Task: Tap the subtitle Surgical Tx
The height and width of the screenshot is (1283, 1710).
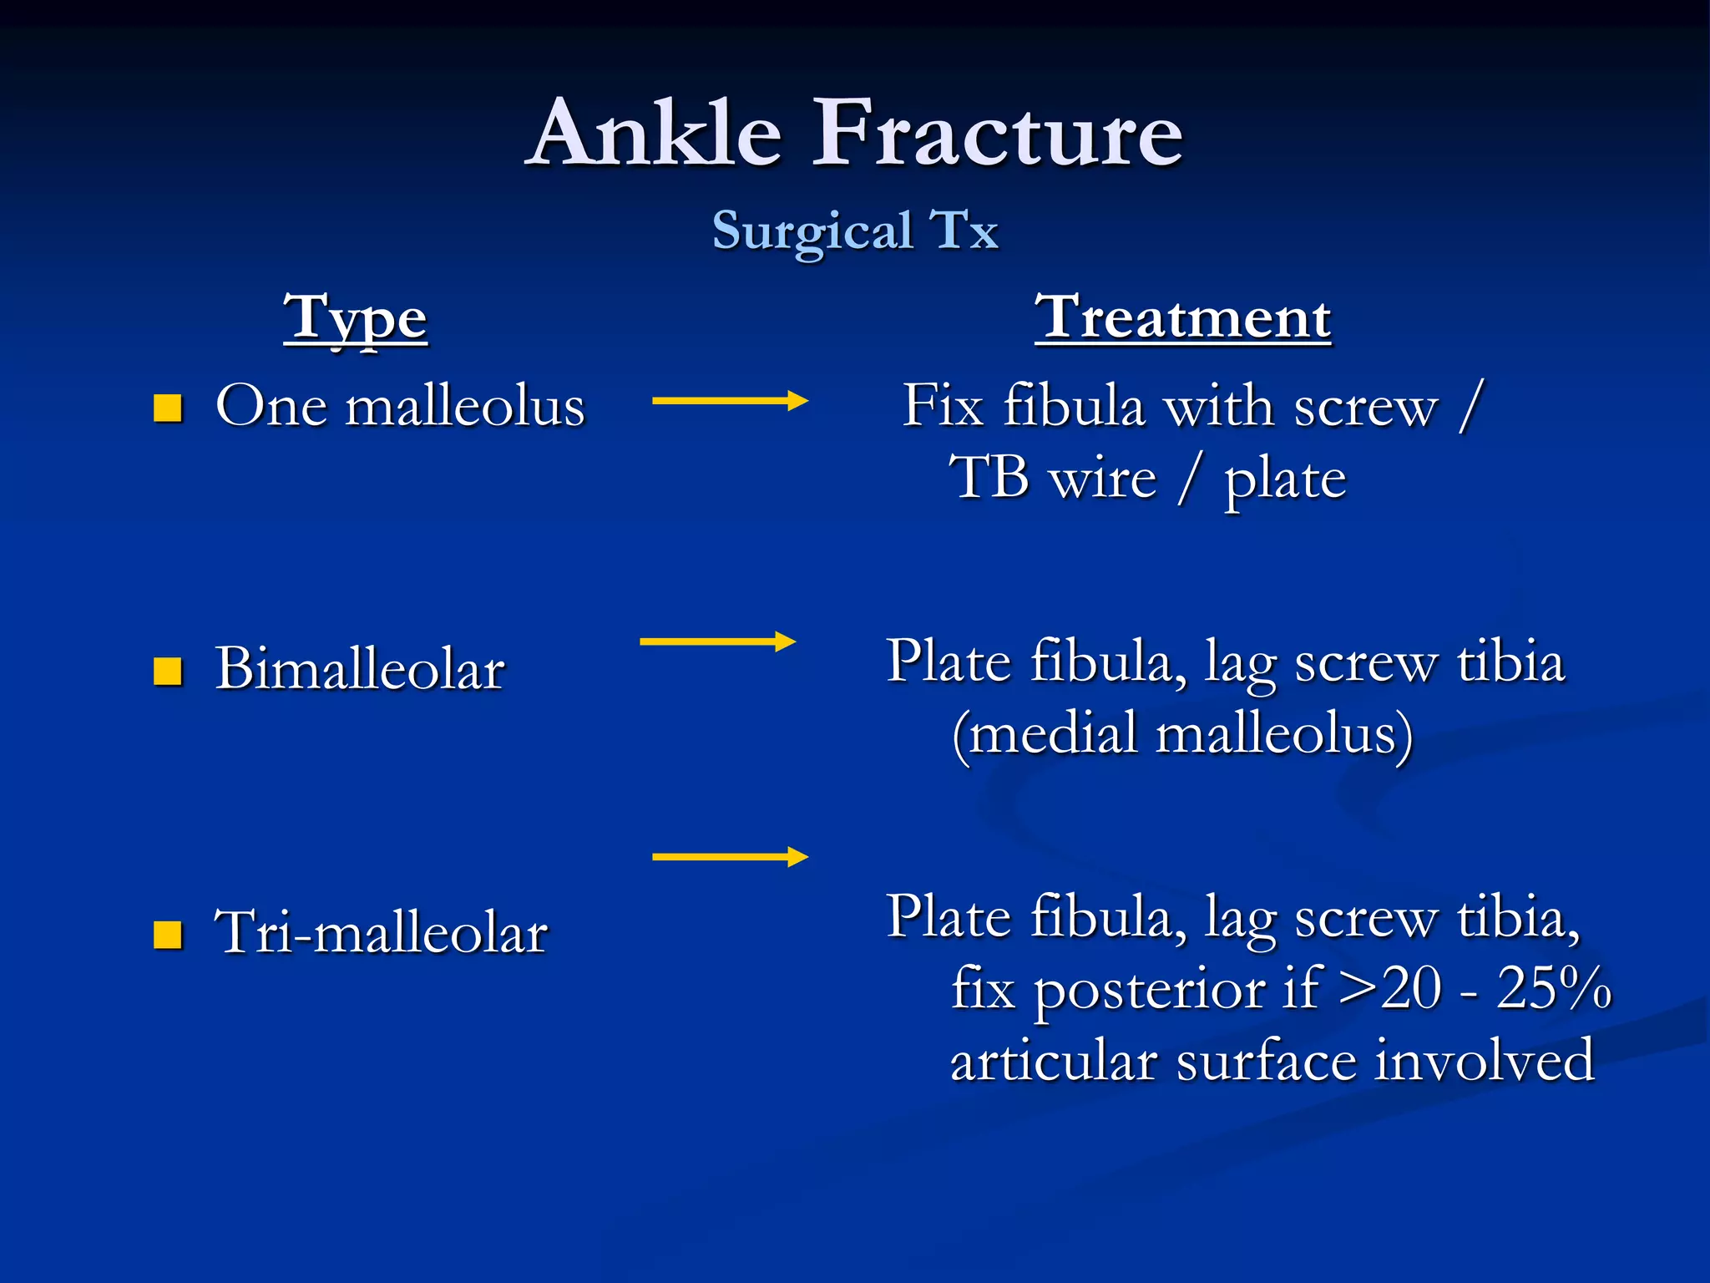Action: coord(855,231)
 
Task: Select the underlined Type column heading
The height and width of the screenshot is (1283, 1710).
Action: coord(355,319)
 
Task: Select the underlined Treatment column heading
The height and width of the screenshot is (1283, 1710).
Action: coord(1182,317)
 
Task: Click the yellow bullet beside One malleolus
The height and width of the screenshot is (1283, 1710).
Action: coord(168,408)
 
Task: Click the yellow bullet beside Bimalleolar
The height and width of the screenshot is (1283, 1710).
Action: coord(168,671)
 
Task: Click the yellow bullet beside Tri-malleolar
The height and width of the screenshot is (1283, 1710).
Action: coord(168,935)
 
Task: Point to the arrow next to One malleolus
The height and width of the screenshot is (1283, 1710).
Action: coord(729,401)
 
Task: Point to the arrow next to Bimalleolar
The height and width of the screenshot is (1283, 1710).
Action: coord(716,641)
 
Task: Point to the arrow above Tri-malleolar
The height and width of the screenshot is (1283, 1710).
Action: coord(729,857)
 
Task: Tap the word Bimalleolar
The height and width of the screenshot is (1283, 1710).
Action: coord(360,669)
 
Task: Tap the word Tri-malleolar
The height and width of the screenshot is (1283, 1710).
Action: coord(381,932)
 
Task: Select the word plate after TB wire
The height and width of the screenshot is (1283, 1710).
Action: coord(1284,481)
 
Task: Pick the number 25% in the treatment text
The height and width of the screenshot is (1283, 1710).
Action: coord(1553,989)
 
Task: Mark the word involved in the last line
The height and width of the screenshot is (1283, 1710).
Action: coord(1485,1061)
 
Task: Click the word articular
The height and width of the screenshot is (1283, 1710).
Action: coord(1054,1061)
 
